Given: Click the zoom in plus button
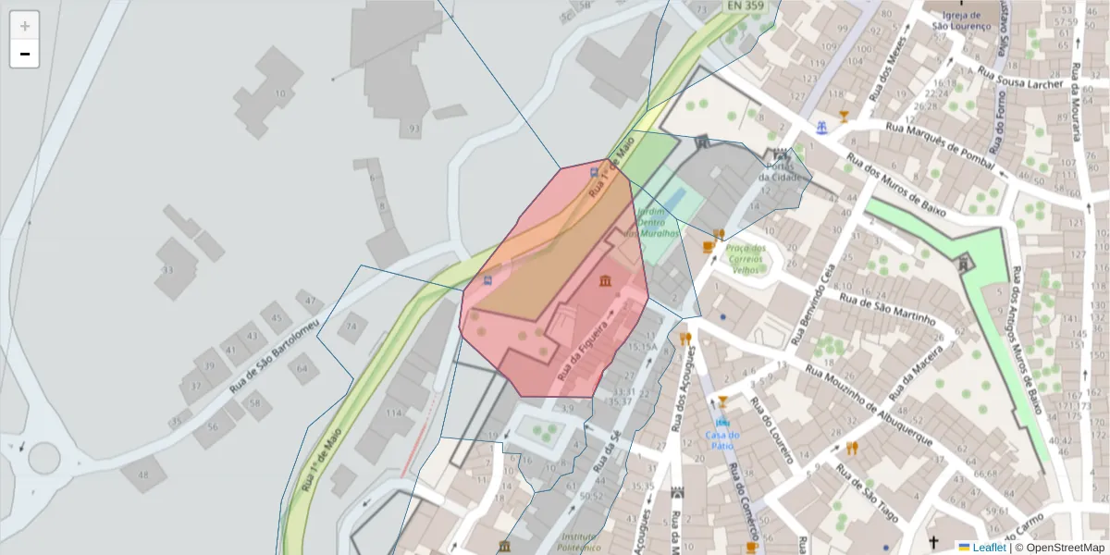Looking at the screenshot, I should click(x=25, y=26).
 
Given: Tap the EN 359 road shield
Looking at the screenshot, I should click(x=746, y=6).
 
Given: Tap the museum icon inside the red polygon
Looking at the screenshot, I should click(x=605, y=280).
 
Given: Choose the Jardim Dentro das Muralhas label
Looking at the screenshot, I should click(x=653, y=222).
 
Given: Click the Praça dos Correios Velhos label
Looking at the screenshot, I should click(x=746, y=259).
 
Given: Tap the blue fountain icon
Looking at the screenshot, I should click(x=820, y=128).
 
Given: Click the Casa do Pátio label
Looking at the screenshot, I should click(x=722, y=440).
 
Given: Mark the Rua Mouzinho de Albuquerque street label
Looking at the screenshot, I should click(x=868, y=403).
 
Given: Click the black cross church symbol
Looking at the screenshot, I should click(x=934, y=542).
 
